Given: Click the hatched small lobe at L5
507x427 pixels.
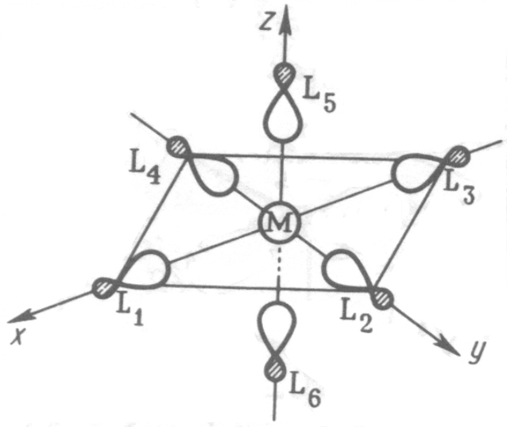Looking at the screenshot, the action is pos(284,76).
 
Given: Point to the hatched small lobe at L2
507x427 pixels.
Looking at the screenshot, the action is pos(385,297).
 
